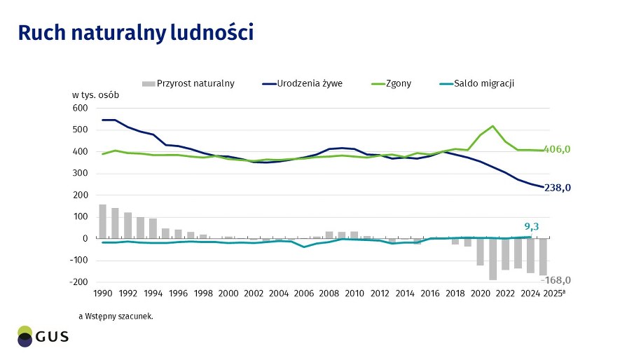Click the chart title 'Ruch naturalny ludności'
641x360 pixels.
[135, 32]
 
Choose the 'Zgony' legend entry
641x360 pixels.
[397, 83]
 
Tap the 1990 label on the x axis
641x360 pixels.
[103, 293]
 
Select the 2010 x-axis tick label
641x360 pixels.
[354, 293]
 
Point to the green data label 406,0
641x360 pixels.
[559, 149]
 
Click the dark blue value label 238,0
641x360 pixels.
[559, 188]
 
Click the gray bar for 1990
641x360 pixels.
[103, 221]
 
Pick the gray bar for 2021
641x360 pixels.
[493, 259]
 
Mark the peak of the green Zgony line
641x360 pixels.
[493, 126]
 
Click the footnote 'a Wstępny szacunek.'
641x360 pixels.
[116, 316]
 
